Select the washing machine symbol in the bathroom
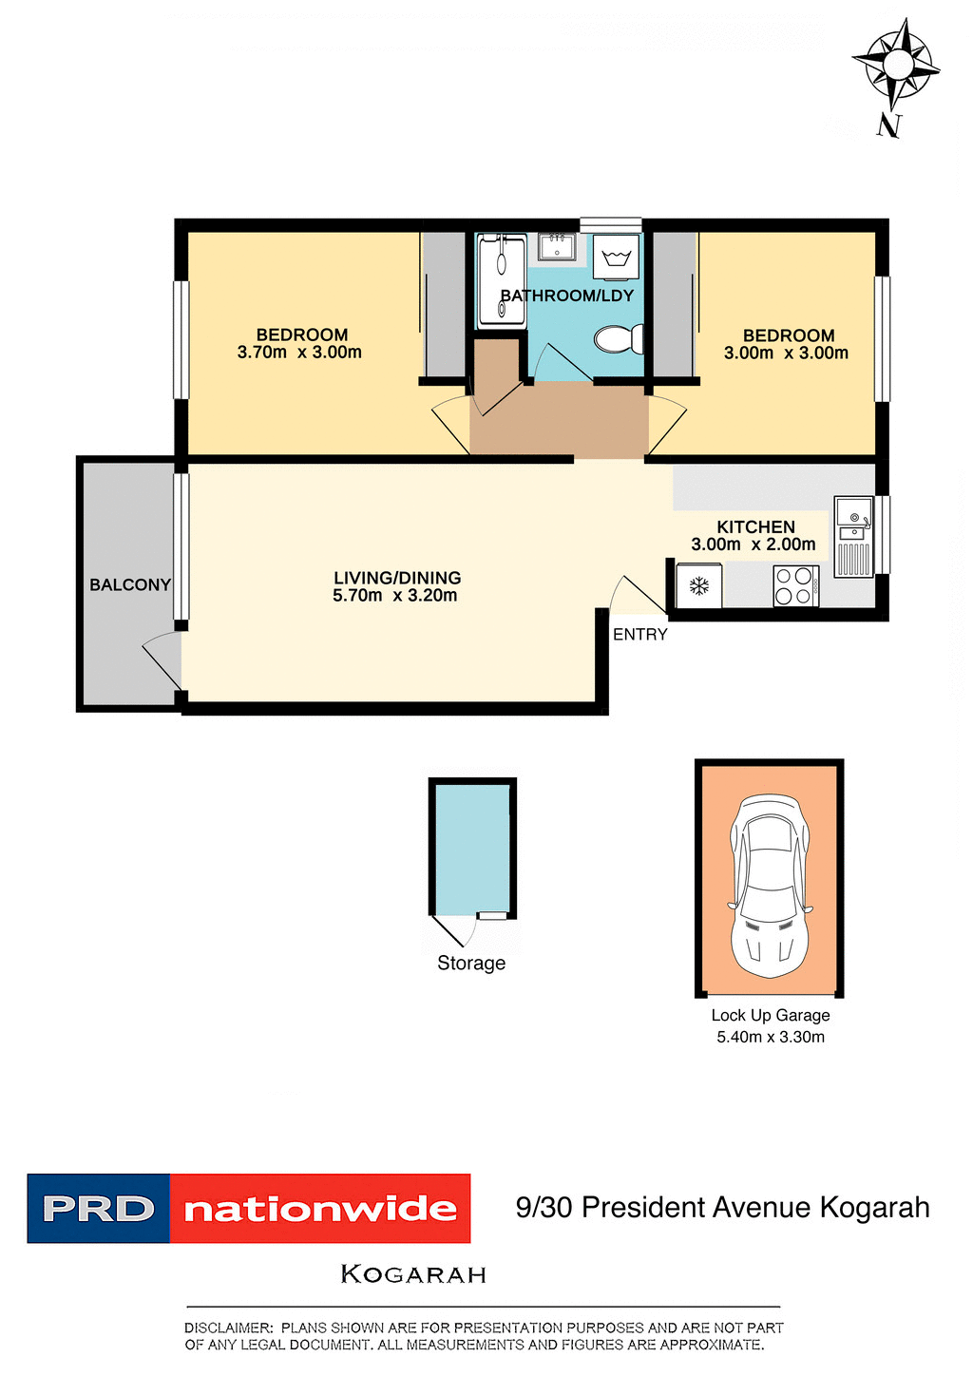[617, 257]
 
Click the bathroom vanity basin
[556, 248]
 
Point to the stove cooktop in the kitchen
[795, 585]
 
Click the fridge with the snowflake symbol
[699, 586]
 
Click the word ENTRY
[639, 635]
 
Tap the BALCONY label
[130, 584]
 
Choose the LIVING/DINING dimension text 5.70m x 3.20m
[394, 596]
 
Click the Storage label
[471, 963]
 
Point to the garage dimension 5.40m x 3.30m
[771, 1037]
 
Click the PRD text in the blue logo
[99, 1209]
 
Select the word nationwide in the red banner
[320, 1209]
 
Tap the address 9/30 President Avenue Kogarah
[722, 1207]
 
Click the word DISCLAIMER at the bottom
[228, 1328]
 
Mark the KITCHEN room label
[755, 526]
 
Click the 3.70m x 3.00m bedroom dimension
[299, 353]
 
